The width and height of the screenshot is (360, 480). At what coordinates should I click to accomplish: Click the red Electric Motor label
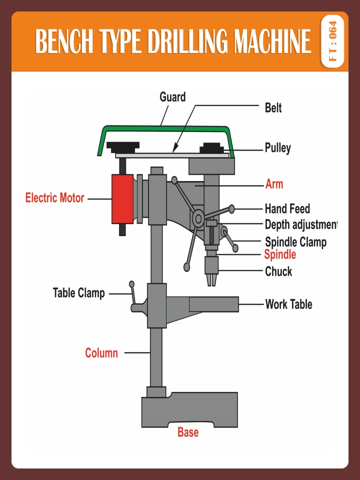(55, 198)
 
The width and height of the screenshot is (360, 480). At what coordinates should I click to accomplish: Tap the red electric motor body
(122, 199)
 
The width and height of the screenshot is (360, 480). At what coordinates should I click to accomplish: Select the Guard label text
(172, 97)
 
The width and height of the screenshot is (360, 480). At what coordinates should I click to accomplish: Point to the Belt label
(273, 107)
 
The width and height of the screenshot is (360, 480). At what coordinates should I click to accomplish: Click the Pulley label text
(277, 148)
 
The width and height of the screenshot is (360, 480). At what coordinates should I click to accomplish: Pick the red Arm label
(274, 184)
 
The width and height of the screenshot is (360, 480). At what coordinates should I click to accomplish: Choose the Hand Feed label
(287, 208)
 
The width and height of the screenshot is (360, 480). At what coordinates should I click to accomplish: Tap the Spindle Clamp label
(295, 242)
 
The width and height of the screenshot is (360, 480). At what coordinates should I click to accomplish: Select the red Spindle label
(280, 254)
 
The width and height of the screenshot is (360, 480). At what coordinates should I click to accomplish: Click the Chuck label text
(278, 272)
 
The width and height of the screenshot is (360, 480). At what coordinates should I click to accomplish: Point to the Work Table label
(288, 304)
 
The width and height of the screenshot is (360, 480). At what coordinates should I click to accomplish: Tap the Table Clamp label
(79, 293)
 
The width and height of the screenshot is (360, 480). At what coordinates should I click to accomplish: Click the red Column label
(101, 353)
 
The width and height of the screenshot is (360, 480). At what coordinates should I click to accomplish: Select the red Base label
(188, 432)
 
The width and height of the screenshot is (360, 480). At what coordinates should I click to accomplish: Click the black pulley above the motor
(121, 147)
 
